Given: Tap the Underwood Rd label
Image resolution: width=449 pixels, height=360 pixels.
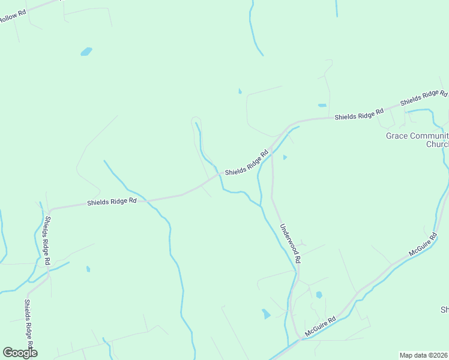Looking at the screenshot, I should coord(290,244).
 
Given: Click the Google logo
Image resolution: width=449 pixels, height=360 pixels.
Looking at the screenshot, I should coord(20,353).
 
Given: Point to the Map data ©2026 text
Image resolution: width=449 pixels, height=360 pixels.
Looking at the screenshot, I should coord(424,355).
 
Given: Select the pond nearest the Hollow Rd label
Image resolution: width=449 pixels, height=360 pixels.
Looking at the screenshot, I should coord(86,52).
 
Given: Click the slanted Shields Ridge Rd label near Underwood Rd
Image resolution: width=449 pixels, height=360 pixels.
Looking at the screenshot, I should coord(246,163).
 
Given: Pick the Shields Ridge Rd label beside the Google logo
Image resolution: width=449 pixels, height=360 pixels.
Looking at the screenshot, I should coord(29,328).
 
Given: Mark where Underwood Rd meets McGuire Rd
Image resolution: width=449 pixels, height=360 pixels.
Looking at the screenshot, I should coord(298,338).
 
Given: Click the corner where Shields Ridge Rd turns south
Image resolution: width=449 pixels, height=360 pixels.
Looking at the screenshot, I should coord(50,211).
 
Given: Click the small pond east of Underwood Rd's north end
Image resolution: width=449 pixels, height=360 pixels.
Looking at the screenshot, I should coord(285,157).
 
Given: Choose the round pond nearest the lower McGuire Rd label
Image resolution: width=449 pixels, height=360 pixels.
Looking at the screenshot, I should coord(319,295).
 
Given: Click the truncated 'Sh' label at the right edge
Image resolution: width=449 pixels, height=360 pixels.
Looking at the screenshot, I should coord(444,310).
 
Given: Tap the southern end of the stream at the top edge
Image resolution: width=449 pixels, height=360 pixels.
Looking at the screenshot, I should coord(262,55).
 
